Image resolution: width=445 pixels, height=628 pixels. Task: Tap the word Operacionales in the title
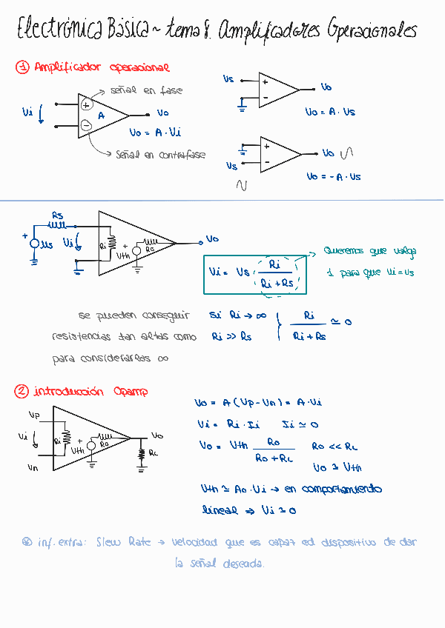pos(369,32)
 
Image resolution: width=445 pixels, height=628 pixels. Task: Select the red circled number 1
pos(22,67)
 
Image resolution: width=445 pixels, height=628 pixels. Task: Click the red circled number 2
pos(22,391)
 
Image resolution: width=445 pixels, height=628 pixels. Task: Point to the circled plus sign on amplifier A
pos(86,105)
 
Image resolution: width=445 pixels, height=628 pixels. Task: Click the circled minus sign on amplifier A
pos(86,125)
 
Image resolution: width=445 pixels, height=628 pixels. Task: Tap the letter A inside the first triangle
pos(102,116)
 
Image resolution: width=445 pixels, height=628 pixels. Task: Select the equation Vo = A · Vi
pos(155,133)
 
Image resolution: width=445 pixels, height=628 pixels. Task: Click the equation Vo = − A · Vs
pos(334,177)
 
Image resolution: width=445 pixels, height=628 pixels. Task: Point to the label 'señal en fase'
pos(146,90)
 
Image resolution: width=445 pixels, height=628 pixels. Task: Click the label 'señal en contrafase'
pos(160,155)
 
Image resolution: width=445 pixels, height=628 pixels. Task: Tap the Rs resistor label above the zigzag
pos(58,215)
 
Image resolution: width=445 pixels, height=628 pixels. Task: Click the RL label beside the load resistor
pos(153,452)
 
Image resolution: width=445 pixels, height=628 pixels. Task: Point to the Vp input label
pos(33,414)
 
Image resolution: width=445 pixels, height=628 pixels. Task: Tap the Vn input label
pos(33,468)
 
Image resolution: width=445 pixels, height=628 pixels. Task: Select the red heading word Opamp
pos(131,391)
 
